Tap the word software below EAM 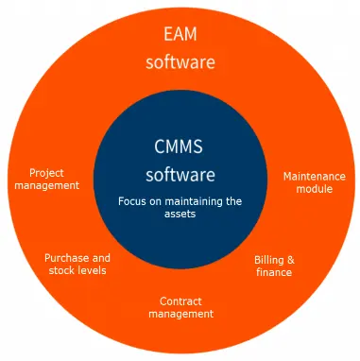point(180,63)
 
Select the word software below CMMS point(180,175)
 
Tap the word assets point(180,215)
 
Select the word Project point(46,173)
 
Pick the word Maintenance point(315,176)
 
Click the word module point(314,188)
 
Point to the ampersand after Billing point(290,260)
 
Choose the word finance point(274,272)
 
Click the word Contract point(180,301)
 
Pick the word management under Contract point(180,313)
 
